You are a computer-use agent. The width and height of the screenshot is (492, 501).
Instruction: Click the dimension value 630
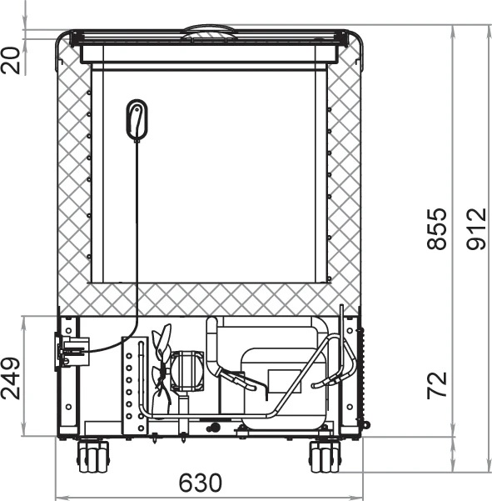pos(200,483)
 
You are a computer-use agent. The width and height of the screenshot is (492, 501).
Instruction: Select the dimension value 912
pos(476,228)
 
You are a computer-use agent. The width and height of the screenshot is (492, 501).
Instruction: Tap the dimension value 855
pos(436,228)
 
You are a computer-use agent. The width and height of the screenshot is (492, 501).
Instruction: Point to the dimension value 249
pos(11,378)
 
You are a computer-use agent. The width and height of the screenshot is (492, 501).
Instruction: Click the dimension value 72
pos(436,385)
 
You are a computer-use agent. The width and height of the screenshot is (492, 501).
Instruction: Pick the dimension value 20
pos(11,61)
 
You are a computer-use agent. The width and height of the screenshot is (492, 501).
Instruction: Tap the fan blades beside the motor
pos(162,368)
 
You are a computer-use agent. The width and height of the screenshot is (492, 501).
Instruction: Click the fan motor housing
pos(187,371)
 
